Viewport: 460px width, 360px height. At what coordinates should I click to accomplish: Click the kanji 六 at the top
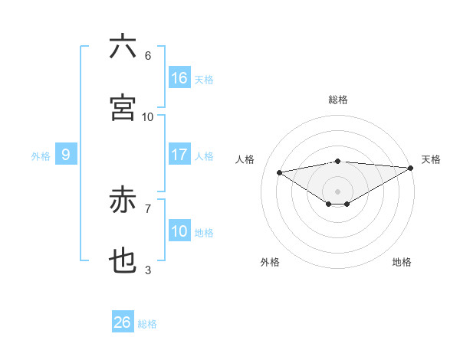[x=123, y=47]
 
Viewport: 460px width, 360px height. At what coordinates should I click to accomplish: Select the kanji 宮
[x=123, y=108]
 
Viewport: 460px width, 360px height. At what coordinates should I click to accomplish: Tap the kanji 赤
[x=123, y=201]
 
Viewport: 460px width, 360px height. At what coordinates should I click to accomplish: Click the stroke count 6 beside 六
[x=148, y=56]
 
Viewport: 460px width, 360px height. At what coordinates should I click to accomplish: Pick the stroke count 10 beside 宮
[x=148, y=117]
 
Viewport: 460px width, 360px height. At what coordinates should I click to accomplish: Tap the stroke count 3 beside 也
[x=148, y=270]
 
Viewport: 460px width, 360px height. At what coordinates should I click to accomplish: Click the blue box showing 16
[x=179, y=78]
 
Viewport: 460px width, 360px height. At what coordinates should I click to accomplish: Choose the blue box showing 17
[x=179, y=155]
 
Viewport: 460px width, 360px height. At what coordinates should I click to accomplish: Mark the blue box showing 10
[x=179, y=231]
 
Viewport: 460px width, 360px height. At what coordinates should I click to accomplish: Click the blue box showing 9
[x=66, y=155]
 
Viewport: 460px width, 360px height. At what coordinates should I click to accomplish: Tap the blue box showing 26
[x=123, y=322]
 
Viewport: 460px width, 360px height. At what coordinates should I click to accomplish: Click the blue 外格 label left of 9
[x=41, y=155]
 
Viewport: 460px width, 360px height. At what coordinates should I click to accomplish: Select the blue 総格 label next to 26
[x=147, y=323]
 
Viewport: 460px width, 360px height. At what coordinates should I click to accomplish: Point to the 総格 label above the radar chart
[x=338, y=100]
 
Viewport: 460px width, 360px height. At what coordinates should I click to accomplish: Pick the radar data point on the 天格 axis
[x=412, y=168]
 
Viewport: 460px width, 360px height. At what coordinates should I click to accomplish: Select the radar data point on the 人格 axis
[x=280, y=172]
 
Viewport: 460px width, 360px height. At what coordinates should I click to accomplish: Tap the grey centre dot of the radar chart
[x=338, y=191]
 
